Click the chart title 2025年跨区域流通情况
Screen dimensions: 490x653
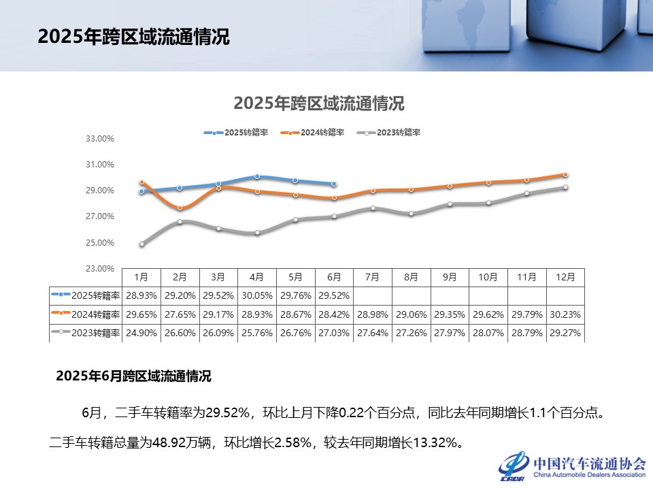(318, 103)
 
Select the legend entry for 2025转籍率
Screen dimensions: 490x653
(245, 133)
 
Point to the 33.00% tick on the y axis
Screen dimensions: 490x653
(99, 139)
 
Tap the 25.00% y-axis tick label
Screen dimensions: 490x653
(99, 243)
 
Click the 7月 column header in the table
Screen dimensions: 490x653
(373, 278)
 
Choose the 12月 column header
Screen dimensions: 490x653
(565, 278)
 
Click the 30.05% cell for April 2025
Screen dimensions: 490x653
(257, 296)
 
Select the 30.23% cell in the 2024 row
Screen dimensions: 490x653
(565, 314)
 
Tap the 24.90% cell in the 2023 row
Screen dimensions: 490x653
(141, 333)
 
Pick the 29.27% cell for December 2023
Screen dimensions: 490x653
(565, 333)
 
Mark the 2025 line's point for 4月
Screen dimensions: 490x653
(257, 176)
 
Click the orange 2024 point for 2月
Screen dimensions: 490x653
(180, 208)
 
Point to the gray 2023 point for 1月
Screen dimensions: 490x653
(141, 244)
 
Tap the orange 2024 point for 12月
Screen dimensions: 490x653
(565, 175)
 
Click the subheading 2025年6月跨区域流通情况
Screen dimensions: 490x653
(133, 376)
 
